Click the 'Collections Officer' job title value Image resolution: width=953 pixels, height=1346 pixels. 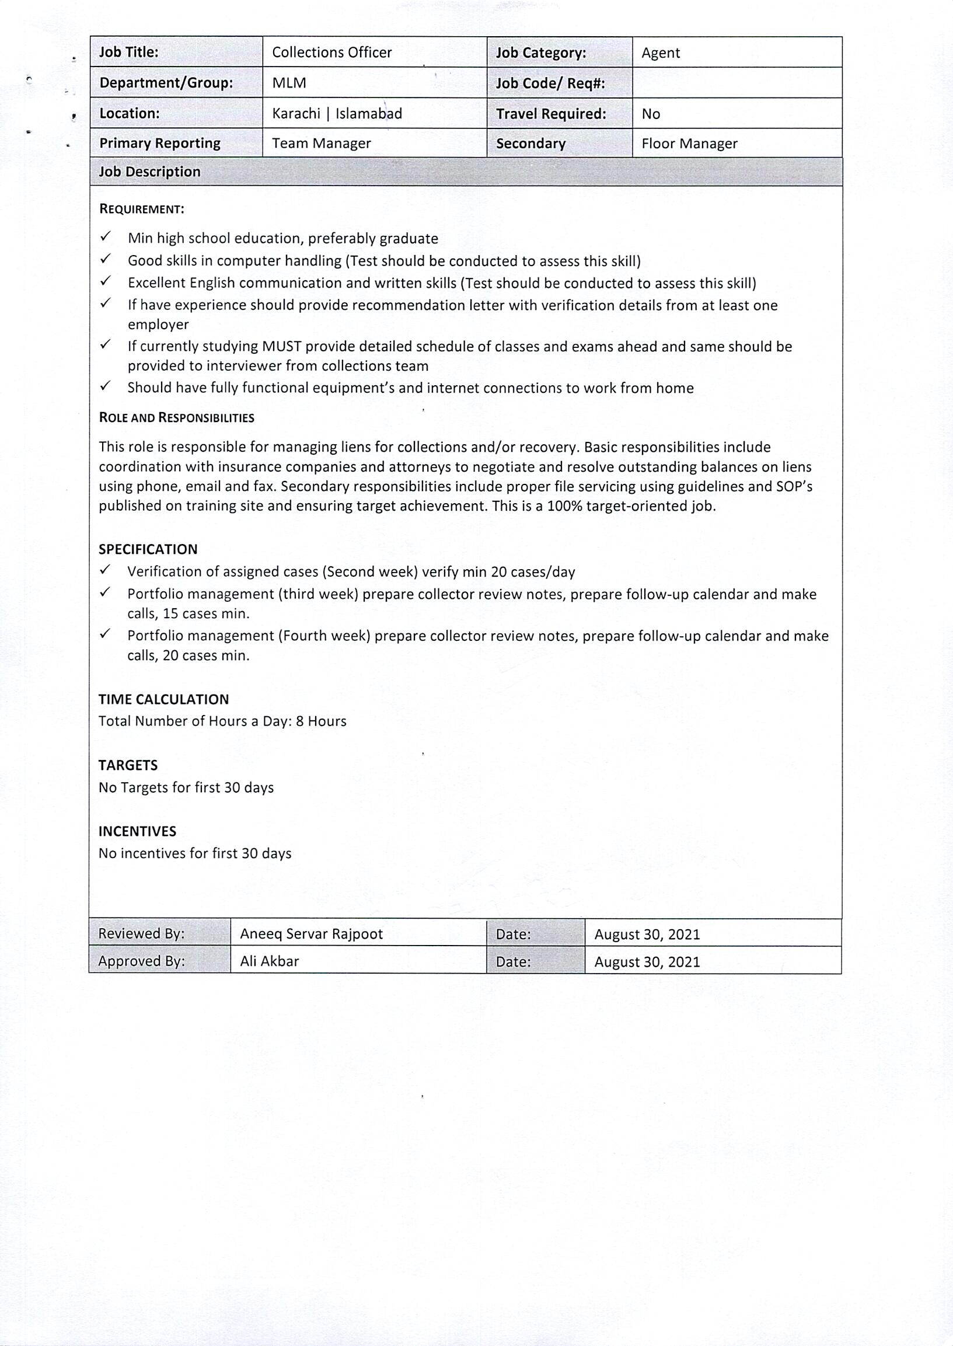pyautogui.click(x=331, y=53)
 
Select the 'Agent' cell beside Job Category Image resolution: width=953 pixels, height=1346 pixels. pyautogui.click(x=660, y=54)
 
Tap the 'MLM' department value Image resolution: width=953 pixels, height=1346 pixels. pyautogui.click(x=289, y=83)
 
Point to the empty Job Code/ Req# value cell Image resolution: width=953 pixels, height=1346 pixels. pyautogui.click(x=736, y=83)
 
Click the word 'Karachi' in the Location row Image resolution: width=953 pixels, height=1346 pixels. pyautogui.click(x=296, y=114)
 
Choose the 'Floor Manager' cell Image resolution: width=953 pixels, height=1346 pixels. pyautogui.click(x=689, y=144)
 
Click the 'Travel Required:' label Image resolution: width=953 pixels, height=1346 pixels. pyautogui.click(x=550, y=114)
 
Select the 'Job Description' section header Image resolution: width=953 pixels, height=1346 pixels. pyautogui.click(x=149, y=172)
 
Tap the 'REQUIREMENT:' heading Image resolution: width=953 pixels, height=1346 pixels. pyautogui.click(x=141, y=210)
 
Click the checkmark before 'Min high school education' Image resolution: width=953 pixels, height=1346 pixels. pyautogui.click(x=106, y=236)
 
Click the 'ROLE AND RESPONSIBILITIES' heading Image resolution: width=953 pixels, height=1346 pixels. pyautogui.click(x=176, y=418)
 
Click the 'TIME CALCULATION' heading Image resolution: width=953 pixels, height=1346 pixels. pyautogui.click(x=163, y=699)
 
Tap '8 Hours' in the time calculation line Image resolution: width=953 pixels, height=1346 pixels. pyautogui.click(x=321, y=721)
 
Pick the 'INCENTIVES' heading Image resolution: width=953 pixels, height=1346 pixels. pyautogui.click(x=137, y=831)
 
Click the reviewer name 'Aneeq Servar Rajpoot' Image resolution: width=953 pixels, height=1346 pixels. pyautogui.click(x=311, y=934)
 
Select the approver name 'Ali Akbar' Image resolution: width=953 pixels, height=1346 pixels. pyautogui.click(x=270, y=961)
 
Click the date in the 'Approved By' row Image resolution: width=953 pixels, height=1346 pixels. pyautogui.click(x=647, y=962)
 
